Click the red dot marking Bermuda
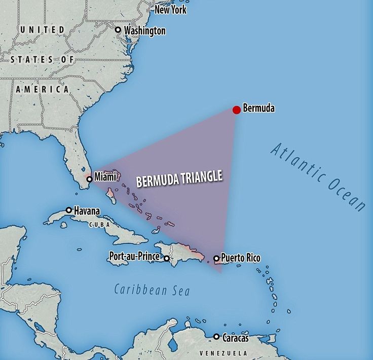pyautogui.click(x=236, y=110)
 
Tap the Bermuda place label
pyautogui.click(x=258, y=108)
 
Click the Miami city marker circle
pyautogui.click(x=89, y=179)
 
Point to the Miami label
pyautogui.click(x=105, y=176)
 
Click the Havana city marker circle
pyautogui.click(x=69, y=210)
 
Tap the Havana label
pyautogui.click(x=87, y=210)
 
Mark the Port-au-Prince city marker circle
pyautogui.click(x=166, y=258)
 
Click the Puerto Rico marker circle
pyautogui.click(x=216, y=259)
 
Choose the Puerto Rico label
pyautogui.click(x=241, y=258)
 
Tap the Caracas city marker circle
pyautogui.click(x=216, y=337)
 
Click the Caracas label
pyautogui.click(x=236, y=338)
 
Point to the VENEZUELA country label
pyautogui.click(x=223, y=353)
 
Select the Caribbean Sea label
pyautogui.click(x=152, y=290)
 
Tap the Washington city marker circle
pyautogui.click(x=118, y=30)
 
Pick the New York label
pyautogui.click(x=171, y=10)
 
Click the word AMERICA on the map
pyautogui.click(x=43, y=89)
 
